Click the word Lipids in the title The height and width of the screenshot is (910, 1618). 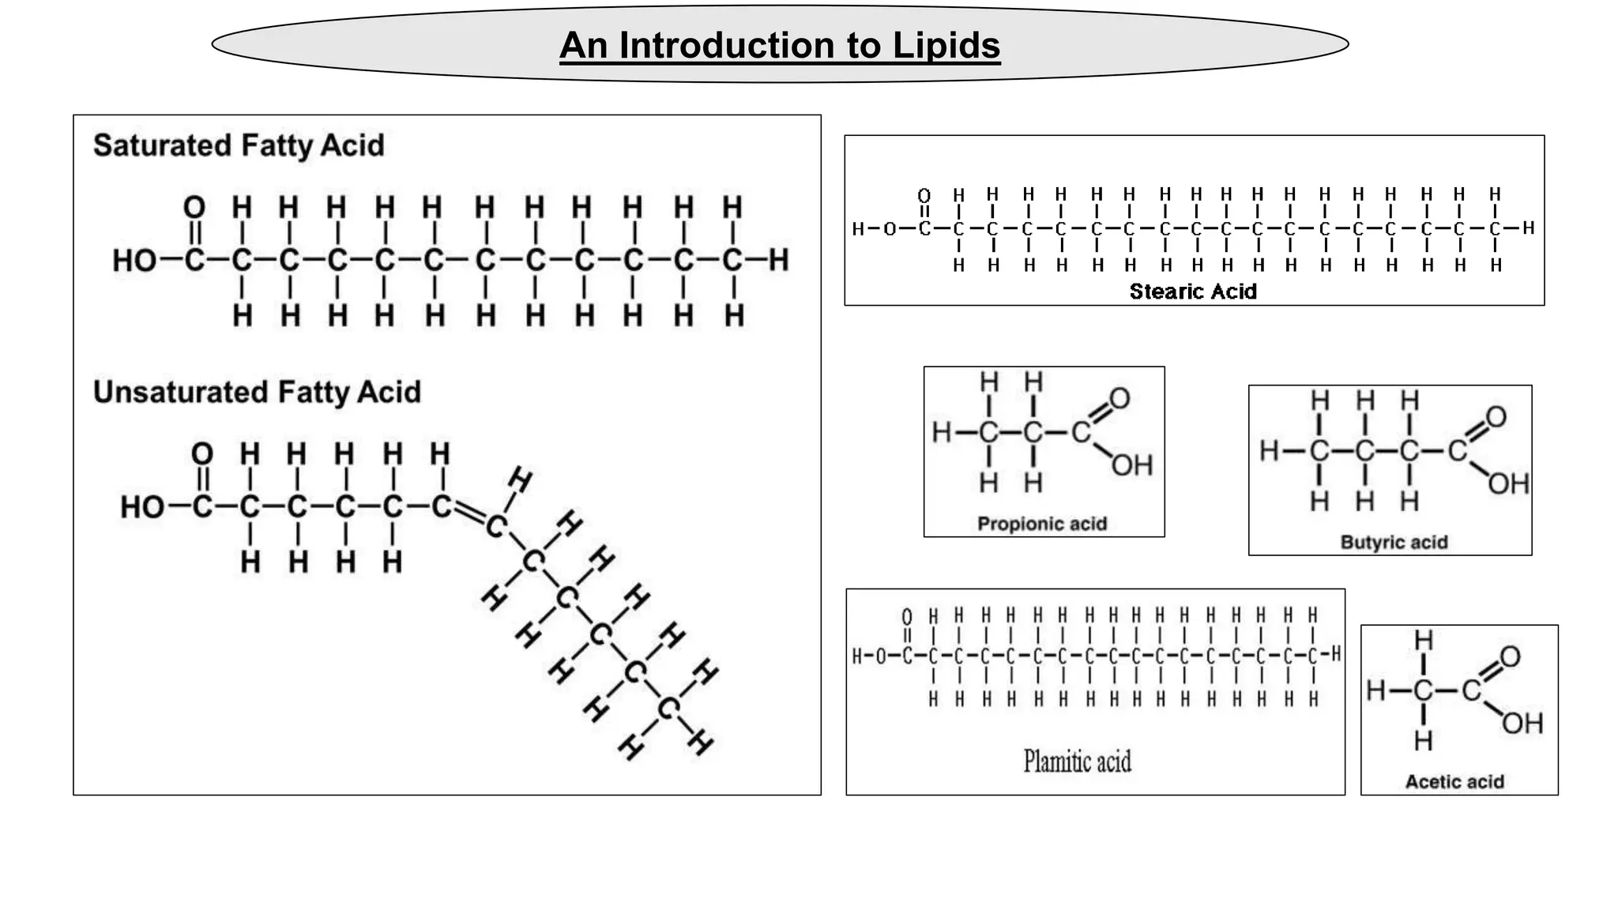tap(946, 45)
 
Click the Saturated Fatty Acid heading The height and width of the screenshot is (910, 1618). tap(239, 145)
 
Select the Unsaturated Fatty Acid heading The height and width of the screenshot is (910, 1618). tap(257, 392)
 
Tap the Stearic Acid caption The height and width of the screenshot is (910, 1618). tap(1193, 291)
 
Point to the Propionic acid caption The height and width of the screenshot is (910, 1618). tap(1042, 524)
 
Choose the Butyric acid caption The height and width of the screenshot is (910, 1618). tap(1394, 542)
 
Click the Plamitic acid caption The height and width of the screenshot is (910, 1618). tap(1078, 761)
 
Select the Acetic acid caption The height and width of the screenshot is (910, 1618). tap(1454, 781)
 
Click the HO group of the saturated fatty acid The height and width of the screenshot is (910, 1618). tap(134, 260)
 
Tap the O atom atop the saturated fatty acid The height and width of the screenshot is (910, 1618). tap(194, 208)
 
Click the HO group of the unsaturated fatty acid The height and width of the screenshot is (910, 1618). tap(142, 507)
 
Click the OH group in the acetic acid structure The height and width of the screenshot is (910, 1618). tap(1522, 723)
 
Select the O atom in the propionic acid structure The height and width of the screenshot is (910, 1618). tap(1119, 398)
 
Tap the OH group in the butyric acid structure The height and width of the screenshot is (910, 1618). tap(1508, 483)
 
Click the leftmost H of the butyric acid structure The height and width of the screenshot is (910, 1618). tap(1269, 451)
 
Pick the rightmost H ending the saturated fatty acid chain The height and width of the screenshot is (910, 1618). tap(779, 259)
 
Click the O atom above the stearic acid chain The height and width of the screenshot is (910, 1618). tap(924, 195)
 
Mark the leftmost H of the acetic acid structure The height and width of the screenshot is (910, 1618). tap(1375, 690)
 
